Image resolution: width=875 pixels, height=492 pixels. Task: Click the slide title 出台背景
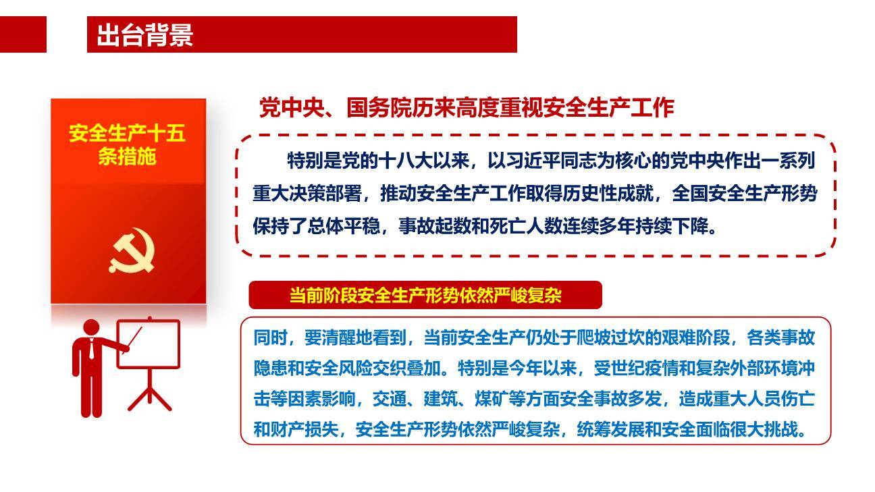click(144, 35)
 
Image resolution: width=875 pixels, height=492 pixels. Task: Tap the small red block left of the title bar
click(23, 34)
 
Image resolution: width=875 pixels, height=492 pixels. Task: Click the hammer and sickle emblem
click(132, 251)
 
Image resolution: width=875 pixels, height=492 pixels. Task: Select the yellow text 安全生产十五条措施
click(127, 144)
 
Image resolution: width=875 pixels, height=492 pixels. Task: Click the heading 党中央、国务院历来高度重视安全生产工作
click(467, 108)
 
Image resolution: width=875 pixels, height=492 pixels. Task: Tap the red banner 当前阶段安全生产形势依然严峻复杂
click(425, 296)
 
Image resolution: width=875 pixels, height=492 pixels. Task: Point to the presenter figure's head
click(91, 328)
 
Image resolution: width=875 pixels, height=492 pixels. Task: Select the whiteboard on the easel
click(149, 344)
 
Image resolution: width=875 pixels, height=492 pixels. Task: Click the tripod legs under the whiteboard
click(149, 393)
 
